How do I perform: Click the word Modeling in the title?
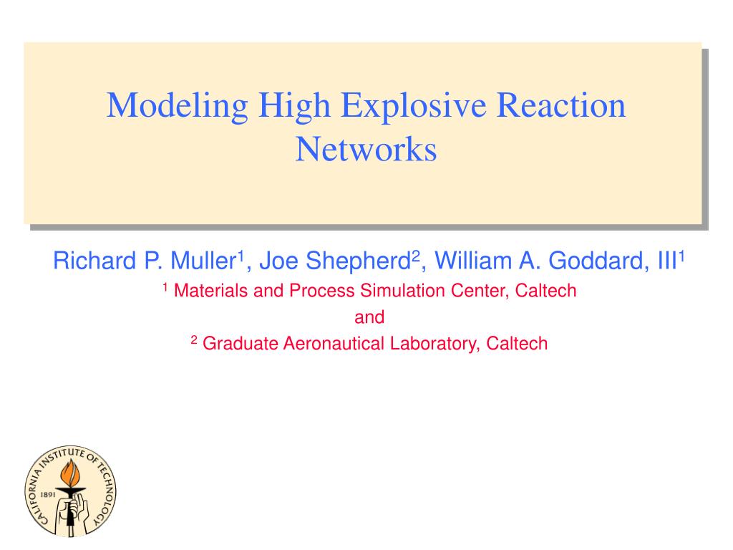point(178,107)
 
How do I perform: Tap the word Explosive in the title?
point(413,107)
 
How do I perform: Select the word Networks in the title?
point(366,149)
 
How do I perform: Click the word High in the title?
point(294,107)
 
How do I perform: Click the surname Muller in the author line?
point(203,261)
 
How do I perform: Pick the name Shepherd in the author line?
point(358,261)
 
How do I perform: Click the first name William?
point(473,261)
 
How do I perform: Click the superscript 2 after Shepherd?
point(416,256)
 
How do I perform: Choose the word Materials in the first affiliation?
point(211,291)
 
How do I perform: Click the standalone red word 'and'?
point(369,317)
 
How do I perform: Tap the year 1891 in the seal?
point(48,494)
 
